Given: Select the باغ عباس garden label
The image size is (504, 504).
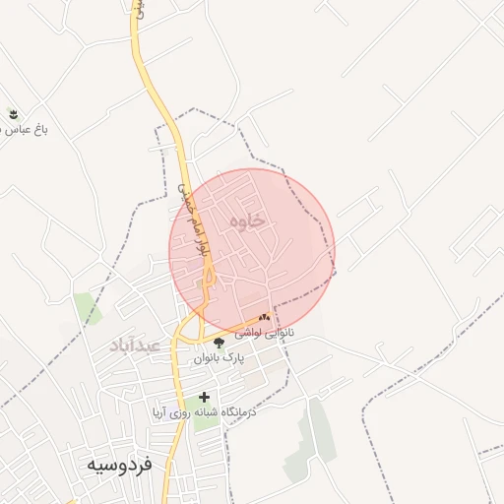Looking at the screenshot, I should [27, 129].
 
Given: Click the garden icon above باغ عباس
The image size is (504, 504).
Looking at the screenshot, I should [12, 113].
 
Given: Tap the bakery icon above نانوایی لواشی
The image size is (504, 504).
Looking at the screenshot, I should [264, 317].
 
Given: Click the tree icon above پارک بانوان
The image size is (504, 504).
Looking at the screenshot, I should [219, 343].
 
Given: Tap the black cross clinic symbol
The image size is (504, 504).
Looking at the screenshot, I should [205, 398].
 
